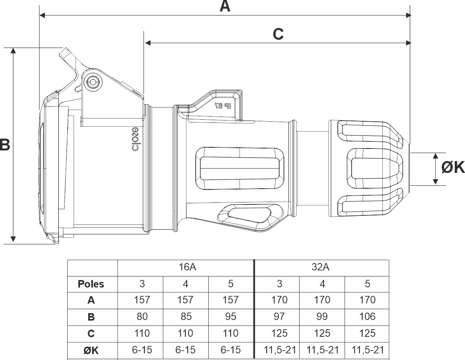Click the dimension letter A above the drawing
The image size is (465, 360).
pyautogui.click(x=225, y=6)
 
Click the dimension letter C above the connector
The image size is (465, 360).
pyautogui.click(x=278, y=34)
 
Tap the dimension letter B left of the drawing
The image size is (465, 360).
pyautogui.click(x=5, y=145)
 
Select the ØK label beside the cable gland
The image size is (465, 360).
pyautogui.click(x=453, y=168)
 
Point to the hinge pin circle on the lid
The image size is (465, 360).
pyautogui.click(x=93, y=82)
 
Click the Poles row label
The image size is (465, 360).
pyautogui.click(x=91, y=284)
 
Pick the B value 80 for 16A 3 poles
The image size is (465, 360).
pyautogui.click(x=142, y=317)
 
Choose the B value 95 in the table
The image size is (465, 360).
pyautogui.click(x=230, y=317)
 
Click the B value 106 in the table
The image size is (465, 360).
pyautogui.click(x=367, y=317)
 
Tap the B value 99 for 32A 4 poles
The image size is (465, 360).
pyautogui.click(x=322, y=317)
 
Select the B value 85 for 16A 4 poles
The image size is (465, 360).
pyautogui.click(x=185, y=317)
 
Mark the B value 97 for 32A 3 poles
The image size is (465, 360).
pyautogui.click(x=279, y=317)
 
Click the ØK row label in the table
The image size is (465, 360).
pyautogui.click(x=91, y=350)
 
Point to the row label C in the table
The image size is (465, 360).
pyautogui.click(x=91, y=334)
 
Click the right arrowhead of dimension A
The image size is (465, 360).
pyautogui.click(x=408, y=15)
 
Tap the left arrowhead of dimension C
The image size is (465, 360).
pyautogui.click(x=148, y=43)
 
